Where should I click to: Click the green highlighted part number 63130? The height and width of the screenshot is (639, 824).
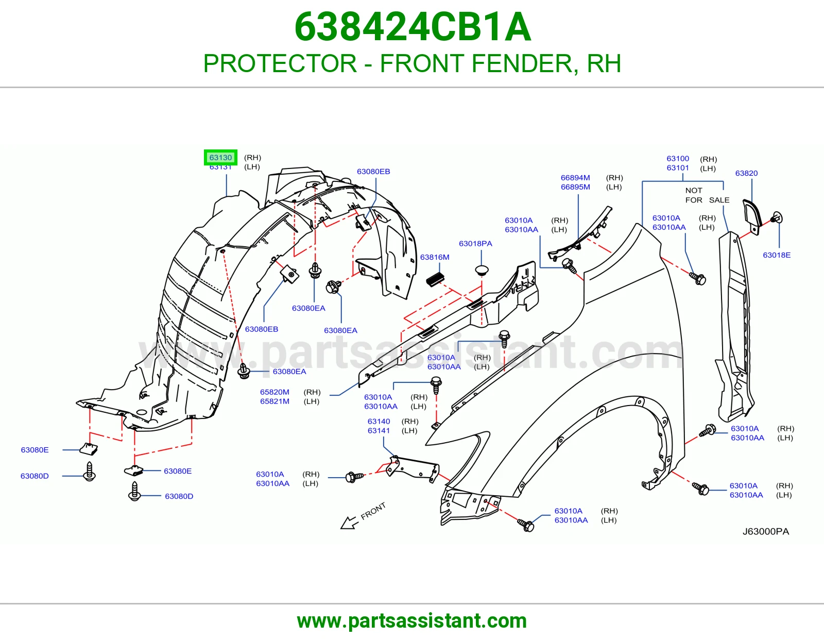pyautogui.click(x=220, y=158)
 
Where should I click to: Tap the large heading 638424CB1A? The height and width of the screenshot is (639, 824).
pyautogui.click(x=413, y=27)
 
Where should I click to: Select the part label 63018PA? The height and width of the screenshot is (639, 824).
pyautogui.click(x=475, y=244)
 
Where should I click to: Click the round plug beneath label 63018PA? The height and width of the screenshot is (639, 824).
pyautogui.click(x=482, y=270)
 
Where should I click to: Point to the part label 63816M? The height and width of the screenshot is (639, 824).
pyautogui.click(x=435, y=257)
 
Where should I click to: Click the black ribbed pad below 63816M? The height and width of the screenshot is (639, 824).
pyautogui.click(x=435, y=279)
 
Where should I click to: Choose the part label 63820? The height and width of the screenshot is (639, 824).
pyautogui.click(x=746, y=174)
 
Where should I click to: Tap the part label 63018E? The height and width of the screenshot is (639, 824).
pyautogui.click(x=777, y=256)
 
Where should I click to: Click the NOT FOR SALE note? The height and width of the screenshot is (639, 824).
pyautogui.click(x=707, y=195)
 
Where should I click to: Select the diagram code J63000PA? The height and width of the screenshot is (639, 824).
pyautogui.click(x=766, y=532)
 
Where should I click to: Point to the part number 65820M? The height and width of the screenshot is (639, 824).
pyautogui.click(x=274, y=392)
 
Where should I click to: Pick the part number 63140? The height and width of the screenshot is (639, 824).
pyautogui.click(x=379, y=421)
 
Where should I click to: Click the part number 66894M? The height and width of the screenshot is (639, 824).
pyautogui.click(x=575, y=178)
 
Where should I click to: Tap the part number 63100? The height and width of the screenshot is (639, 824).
pyautogui.click(x=678, y=159)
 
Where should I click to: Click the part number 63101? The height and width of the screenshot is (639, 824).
pyautogui.click(x=678, y=167)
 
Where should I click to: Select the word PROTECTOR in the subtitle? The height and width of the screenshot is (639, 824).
pyautogui.click(x=280, y=63)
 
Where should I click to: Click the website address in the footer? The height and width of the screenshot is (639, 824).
pyautogui.click(x=412, y=621)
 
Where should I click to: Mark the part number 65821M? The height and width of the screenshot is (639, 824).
pyautogui.click(x=274, y=401)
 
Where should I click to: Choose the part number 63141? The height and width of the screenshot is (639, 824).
pyautogui.click(x=379, y=430)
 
